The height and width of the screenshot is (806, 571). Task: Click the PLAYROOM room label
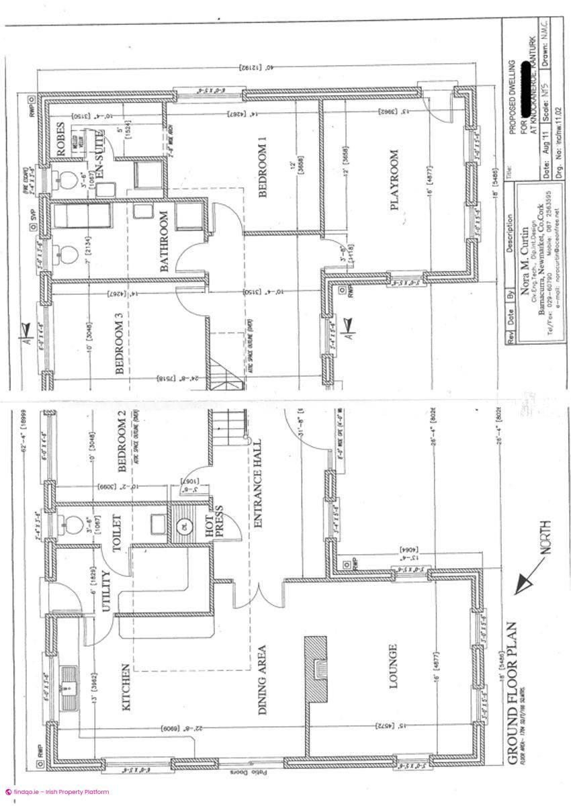coord(394,180)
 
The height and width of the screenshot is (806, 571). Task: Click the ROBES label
coord(61,140)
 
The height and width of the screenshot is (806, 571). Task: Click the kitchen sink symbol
coord(69,686)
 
